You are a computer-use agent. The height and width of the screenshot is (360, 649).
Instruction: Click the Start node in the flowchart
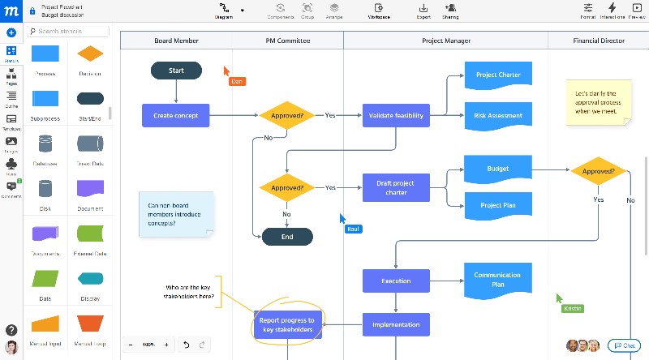click(176, 71)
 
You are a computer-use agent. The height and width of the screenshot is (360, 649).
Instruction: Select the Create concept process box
click(175, 115)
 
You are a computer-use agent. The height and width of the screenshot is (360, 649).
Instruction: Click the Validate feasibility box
click(396, 115)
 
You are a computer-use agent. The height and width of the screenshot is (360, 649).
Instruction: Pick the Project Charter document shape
click(498, 75)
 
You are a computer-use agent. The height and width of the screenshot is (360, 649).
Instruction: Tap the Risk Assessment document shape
click(498, 115)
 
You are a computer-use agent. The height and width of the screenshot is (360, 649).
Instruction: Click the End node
click(287, 237)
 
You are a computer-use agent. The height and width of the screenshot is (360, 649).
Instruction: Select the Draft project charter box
click(396, 187)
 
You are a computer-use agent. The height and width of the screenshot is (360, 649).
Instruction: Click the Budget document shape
click(498, 169)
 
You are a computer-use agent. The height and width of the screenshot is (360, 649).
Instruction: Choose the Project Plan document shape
click(498, 205)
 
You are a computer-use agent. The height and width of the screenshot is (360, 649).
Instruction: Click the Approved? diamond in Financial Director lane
click(598, 172)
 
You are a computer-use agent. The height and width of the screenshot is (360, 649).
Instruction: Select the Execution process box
click(396, 281)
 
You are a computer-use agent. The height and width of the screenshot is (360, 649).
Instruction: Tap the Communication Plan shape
click(498, 280)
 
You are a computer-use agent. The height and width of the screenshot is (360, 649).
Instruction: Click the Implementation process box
click(396, 325)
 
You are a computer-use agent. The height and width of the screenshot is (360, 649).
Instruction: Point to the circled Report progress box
click(287, 325)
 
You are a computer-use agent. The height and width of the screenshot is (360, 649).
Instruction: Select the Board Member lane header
click(177, 41)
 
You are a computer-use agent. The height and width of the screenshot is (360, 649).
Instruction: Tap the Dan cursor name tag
click(237, 81)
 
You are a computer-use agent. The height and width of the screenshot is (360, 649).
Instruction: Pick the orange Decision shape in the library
click(90, 54)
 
